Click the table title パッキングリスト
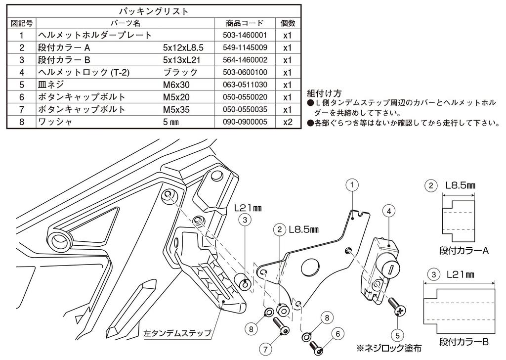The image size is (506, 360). [x=154, y=10]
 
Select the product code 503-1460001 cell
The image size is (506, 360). [x=245, y=36]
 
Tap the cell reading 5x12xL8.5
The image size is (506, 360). [x=183, y=48]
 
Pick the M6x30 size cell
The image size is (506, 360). [x=176, y=85]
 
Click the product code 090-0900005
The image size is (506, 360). [x=245, y=121]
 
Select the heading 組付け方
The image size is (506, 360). [x=324, y=93]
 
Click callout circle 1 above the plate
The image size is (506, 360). [x=351, y=185]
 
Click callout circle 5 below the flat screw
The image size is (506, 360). [x=398, y=332]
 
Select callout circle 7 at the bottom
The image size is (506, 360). [x=266, y=349]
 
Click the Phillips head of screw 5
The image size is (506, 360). [x=400, y=311]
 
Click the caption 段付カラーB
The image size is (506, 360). [x=464, y=342]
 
